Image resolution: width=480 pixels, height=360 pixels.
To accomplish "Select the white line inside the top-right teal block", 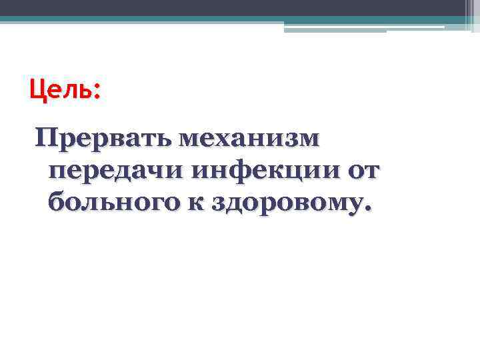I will point(363,27).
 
